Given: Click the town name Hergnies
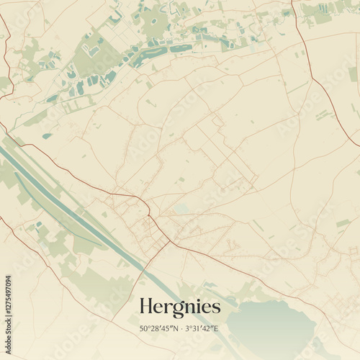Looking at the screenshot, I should (179, 307).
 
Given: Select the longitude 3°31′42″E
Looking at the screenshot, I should (202, 329).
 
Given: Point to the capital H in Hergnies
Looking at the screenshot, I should (145, 306).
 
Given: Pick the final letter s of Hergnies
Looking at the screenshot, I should (216, 308).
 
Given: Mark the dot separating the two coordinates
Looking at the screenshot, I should (181, 329).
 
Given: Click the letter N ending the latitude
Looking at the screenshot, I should (174, 329).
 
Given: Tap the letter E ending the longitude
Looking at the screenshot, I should (216, 329).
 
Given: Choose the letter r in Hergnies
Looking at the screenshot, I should (166, 308).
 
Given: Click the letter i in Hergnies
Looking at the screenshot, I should (198, 306).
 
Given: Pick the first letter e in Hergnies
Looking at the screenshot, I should (157, 308).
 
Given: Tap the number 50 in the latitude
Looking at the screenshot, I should (143, 329).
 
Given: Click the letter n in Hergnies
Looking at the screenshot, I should (188, 308).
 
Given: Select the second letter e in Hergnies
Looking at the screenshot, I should (207, 308).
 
